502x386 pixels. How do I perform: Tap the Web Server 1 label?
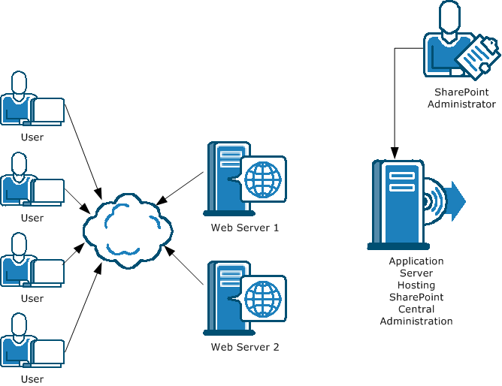(x=245, y=228)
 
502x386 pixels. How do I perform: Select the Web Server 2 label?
(x=245, y=347)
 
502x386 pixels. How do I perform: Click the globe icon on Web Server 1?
(x=263, y=179)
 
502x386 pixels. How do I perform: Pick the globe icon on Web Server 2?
(x=263, y=298)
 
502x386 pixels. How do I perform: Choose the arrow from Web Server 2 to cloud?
(x=185, y=266)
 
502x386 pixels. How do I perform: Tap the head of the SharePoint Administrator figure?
(x=449, y=17)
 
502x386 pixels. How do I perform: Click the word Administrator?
(x=461, y=104)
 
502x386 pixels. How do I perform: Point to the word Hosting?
(x=416, y=285)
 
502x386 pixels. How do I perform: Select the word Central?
(x=416, y=309)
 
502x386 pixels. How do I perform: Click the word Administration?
(x=416, y=321)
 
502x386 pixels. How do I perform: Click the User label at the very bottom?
(x=32, y=378)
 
